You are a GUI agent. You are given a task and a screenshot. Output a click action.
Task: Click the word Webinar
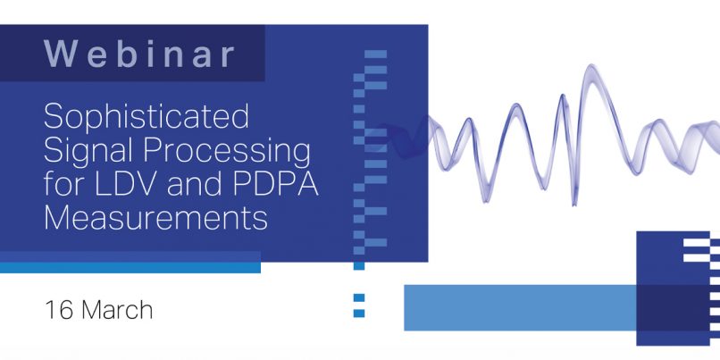139,54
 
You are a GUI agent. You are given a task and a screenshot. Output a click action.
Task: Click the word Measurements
155,218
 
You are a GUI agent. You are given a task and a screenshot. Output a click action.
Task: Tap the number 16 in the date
59,309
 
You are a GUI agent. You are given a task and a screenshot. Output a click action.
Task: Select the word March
117,309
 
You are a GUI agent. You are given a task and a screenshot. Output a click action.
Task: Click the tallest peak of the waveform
591,67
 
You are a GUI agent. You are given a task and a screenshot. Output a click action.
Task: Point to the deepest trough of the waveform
573,204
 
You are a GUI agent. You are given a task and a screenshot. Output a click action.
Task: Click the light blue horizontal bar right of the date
520,307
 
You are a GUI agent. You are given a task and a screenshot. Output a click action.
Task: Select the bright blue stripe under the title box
130,267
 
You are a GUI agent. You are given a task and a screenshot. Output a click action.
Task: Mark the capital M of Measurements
56,218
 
